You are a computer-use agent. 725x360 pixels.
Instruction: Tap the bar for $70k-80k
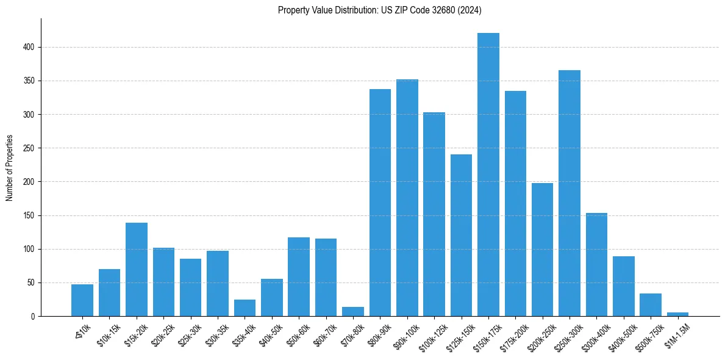(353, 311)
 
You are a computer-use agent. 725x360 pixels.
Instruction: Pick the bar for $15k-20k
(137, 269)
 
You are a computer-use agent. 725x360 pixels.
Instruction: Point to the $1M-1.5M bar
(677, 314)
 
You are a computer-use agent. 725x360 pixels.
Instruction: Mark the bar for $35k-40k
(245, 308)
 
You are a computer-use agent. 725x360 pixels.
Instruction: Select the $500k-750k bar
(651, 304)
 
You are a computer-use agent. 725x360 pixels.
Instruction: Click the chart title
(380, 10)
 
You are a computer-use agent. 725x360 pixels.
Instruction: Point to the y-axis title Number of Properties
(10, 168)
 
